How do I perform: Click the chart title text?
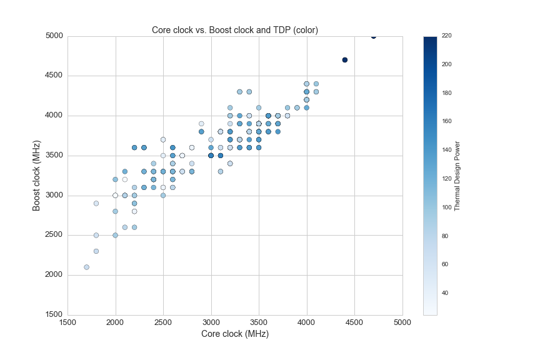coord(235,30)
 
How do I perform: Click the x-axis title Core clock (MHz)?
coord(235,334)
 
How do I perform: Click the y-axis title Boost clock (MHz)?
coord(37,175)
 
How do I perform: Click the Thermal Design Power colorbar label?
coord(457,175)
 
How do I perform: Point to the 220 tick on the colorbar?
coord(446,36)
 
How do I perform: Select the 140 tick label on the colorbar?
coord(446,150)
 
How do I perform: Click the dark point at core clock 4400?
coord(345,60)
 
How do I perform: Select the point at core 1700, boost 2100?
coord(86,267)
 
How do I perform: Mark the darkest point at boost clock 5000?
coord(374,36)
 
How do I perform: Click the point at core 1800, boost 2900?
coord(96,203)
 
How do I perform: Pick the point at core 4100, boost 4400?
coord(316,84)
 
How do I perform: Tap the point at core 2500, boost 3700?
coord(163,139)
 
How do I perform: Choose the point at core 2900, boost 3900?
coord(201,124)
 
